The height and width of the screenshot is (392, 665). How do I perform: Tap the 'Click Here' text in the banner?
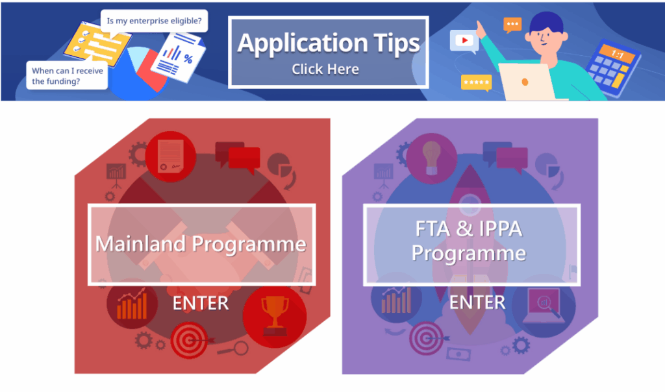click(x=325, y=69)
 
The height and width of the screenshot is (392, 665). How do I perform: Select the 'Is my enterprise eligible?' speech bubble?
click(x=154, y=21)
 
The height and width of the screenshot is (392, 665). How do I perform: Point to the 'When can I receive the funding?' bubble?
click(x=67, y=75)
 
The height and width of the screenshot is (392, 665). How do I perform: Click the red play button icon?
click(x=464, y=40)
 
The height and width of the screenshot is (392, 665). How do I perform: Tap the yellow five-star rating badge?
click(x=476, y=82)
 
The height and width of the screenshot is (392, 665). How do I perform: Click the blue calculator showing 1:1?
click(x=612, y=67)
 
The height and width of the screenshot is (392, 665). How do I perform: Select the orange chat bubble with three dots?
click(x=512, y=25)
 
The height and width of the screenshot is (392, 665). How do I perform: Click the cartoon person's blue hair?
click(x=547, y=23)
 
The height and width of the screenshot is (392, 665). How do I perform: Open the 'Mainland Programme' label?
click(x=201, y=243)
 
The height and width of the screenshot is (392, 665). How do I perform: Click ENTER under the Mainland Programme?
click(x=201, y=303)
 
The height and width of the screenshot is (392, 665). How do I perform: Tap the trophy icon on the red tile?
click(x=275, y=316)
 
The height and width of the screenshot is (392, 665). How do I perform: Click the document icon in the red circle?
click(x=171, y=156)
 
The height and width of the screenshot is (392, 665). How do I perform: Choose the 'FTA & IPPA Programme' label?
click(x=469, y=241)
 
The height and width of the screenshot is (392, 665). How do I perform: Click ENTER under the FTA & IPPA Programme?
click(x=477, y=302)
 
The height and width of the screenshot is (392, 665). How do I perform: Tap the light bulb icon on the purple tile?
click(x=431, y=158)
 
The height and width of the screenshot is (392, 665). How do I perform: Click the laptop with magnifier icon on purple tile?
click(x=544, y=306)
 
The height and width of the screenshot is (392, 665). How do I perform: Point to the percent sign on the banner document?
click(x=188, y=59)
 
